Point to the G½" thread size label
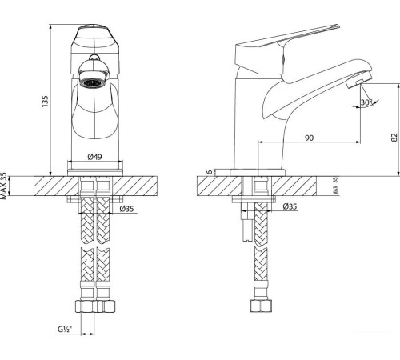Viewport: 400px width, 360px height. [64, 329]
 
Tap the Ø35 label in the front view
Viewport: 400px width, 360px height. [127, 209]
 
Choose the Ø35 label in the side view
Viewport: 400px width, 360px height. [290, 207]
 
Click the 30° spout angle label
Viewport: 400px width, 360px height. [366, 103]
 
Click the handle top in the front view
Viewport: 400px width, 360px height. [95, 36]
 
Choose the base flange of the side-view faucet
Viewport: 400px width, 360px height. [258, 171]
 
